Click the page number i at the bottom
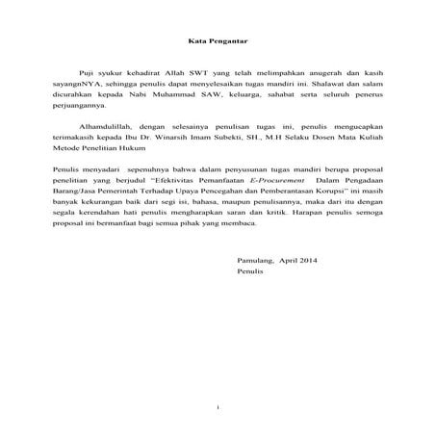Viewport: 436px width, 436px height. point(218,409)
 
